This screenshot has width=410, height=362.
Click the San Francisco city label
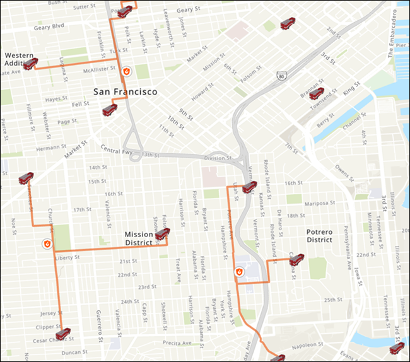coord(125,92)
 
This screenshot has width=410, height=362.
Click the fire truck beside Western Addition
coord(30,63)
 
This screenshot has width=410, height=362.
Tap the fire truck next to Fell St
coord(110,110)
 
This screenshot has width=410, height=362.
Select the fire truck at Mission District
coord(162,235)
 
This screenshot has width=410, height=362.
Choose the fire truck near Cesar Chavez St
coord(62,334)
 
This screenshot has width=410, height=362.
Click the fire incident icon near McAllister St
coord(126,72)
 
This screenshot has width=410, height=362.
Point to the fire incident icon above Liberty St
coord(47,243)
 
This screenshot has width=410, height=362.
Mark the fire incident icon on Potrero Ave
coord(239,272)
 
